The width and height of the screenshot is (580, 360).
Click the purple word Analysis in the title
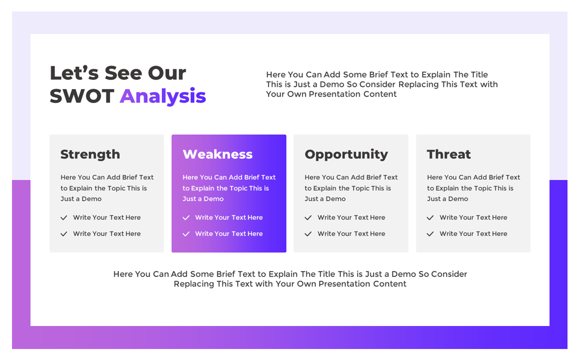click(x=163, y=96)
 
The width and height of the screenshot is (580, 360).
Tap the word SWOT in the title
click(x=82, y=96)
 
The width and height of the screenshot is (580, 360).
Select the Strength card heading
click(x=90, y=154)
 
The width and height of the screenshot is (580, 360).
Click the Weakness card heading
click(x=217, y=154)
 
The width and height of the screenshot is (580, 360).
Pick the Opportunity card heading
click(x=346, y=154)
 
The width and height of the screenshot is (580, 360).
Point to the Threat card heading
click(x=448, y=154)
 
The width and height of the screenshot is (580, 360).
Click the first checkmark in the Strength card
click(x=64, y=217)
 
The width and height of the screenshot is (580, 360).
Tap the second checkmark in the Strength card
click(x=64, y=234)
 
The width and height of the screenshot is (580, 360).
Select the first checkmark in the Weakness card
click(x=186, y=217)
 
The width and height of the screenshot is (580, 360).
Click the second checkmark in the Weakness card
click(x=186, y=234)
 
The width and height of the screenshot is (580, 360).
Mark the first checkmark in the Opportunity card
click(x=308, y=217)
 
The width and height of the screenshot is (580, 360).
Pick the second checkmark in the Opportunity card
click(x=308, y=234)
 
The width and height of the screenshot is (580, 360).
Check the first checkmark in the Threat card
click(x=430, y=217)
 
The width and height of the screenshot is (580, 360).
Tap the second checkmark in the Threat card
click(x=430, y=234)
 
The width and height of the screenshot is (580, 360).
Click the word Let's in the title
click(x=74, y=73)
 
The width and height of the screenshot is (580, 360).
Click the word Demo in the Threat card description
click(x=458, y=198)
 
